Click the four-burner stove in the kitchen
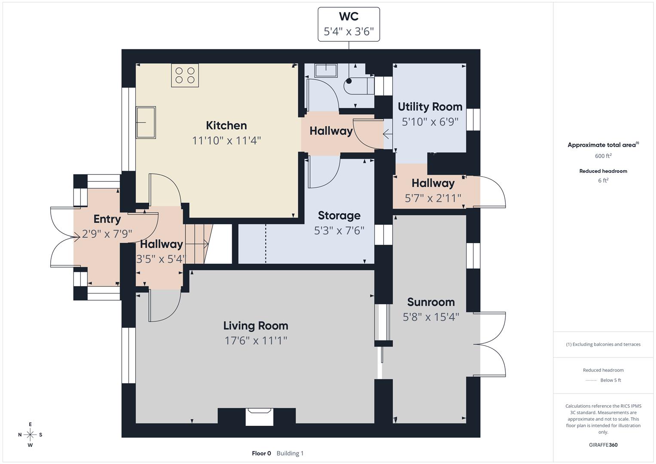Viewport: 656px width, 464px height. pos(185,75)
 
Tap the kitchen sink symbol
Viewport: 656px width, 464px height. pos(146,122)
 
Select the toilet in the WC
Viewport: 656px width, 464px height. pos(358,85)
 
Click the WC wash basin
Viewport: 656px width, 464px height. pos(326,70)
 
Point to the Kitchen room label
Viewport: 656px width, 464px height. pos(226,125)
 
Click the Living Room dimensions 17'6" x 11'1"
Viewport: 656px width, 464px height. pos(256,341)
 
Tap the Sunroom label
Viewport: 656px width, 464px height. pos(430,302)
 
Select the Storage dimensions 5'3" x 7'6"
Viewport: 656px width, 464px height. pos(339,231)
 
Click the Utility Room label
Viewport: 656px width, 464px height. pos(430,107)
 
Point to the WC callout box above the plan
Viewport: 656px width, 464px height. pos(348,24)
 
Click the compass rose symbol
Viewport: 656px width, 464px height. pos(30,435)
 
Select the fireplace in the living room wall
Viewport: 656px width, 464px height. pos(259,416)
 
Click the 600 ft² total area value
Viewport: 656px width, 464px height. pos(603,156)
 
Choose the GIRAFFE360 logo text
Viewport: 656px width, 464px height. pos(603,445)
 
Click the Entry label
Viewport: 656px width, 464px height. pos(107,219)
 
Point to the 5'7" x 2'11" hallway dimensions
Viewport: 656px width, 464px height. pos(433,198)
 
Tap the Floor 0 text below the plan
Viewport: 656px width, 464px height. pos(261,453)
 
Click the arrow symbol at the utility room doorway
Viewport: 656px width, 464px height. pos(387,135)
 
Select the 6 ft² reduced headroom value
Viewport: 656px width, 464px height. pos(603,180)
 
